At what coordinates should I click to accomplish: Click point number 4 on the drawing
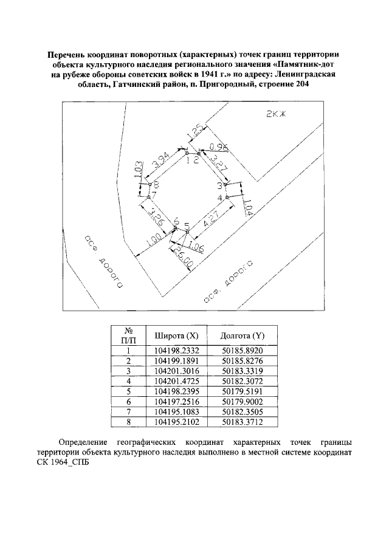tap(220, 198)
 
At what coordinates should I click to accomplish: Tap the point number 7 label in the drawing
tap(155, 195)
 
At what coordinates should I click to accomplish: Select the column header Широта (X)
tap(176, 335)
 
